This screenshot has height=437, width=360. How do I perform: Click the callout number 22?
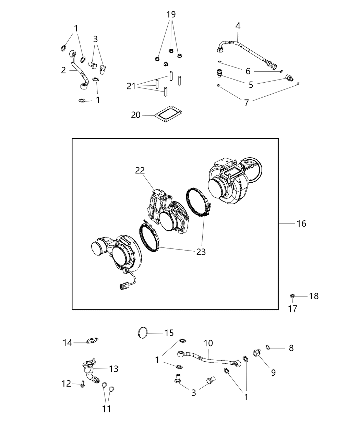point(140,170)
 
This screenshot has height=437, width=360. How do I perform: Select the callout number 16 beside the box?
point(301,223)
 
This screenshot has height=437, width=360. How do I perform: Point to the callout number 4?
point(238,26)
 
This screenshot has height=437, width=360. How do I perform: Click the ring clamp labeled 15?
point(143,332)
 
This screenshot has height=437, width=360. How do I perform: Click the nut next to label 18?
point(292,296)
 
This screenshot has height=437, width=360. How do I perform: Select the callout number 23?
point(201,252)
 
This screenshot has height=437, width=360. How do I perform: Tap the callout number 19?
point(171,14)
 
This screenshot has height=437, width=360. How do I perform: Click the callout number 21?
point(131,86)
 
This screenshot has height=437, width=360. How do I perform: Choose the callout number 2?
point(63,70)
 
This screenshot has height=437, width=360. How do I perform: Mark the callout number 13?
point(113,369)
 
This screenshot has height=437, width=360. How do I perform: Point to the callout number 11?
point(107,409)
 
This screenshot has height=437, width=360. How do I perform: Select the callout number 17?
point(292,309)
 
